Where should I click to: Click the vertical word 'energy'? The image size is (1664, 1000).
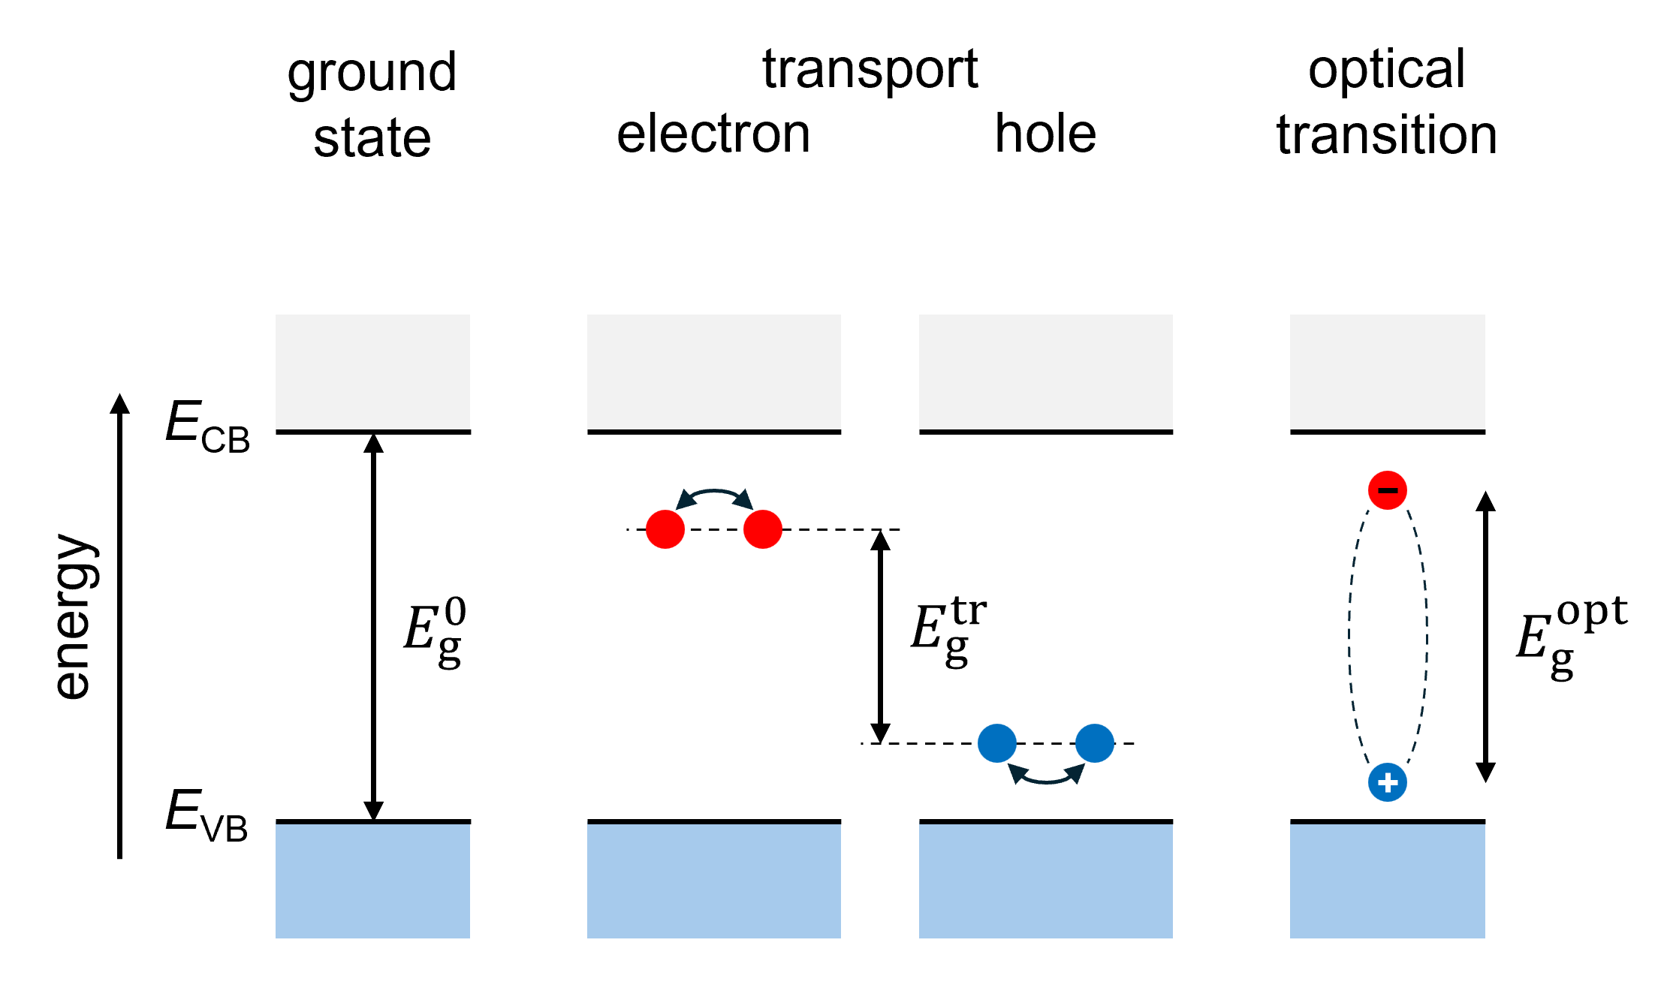(76, 616)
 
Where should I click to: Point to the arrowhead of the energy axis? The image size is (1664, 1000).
(120, 403)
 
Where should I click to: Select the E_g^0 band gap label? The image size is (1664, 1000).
(435, 631)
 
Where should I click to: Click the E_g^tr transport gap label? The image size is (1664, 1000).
(948, 631)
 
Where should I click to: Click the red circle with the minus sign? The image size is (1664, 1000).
(1388, 490)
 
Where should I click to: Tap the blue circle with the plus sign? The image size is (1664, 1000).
(1388, 782)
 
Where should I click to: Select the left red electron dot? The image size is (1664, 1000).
(665, 529)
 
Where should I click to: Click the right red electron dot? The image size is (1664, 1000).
(763, 529)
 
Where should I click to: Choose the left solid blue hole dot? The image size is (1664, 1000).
(997, 743)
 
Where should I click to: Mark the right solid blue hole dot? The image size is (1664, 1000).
(1095, 743)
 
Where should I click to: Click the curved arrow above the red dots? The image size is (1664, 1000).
(714, 492)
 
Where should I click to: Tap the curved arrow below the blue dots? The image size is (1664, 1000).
(1046, 782)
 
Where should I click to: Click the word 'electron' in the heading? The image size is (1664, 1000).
(713, 134)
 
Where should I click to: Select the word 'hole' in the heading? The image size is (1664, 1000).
(1045, 134)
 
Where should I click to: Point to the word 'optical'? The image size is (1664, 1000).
(1387, 70)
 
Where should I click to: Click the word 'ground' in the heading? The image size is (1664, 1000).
(372, 74)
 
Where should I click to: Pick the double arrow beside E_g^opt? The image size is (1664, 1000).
(1485, 637)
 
